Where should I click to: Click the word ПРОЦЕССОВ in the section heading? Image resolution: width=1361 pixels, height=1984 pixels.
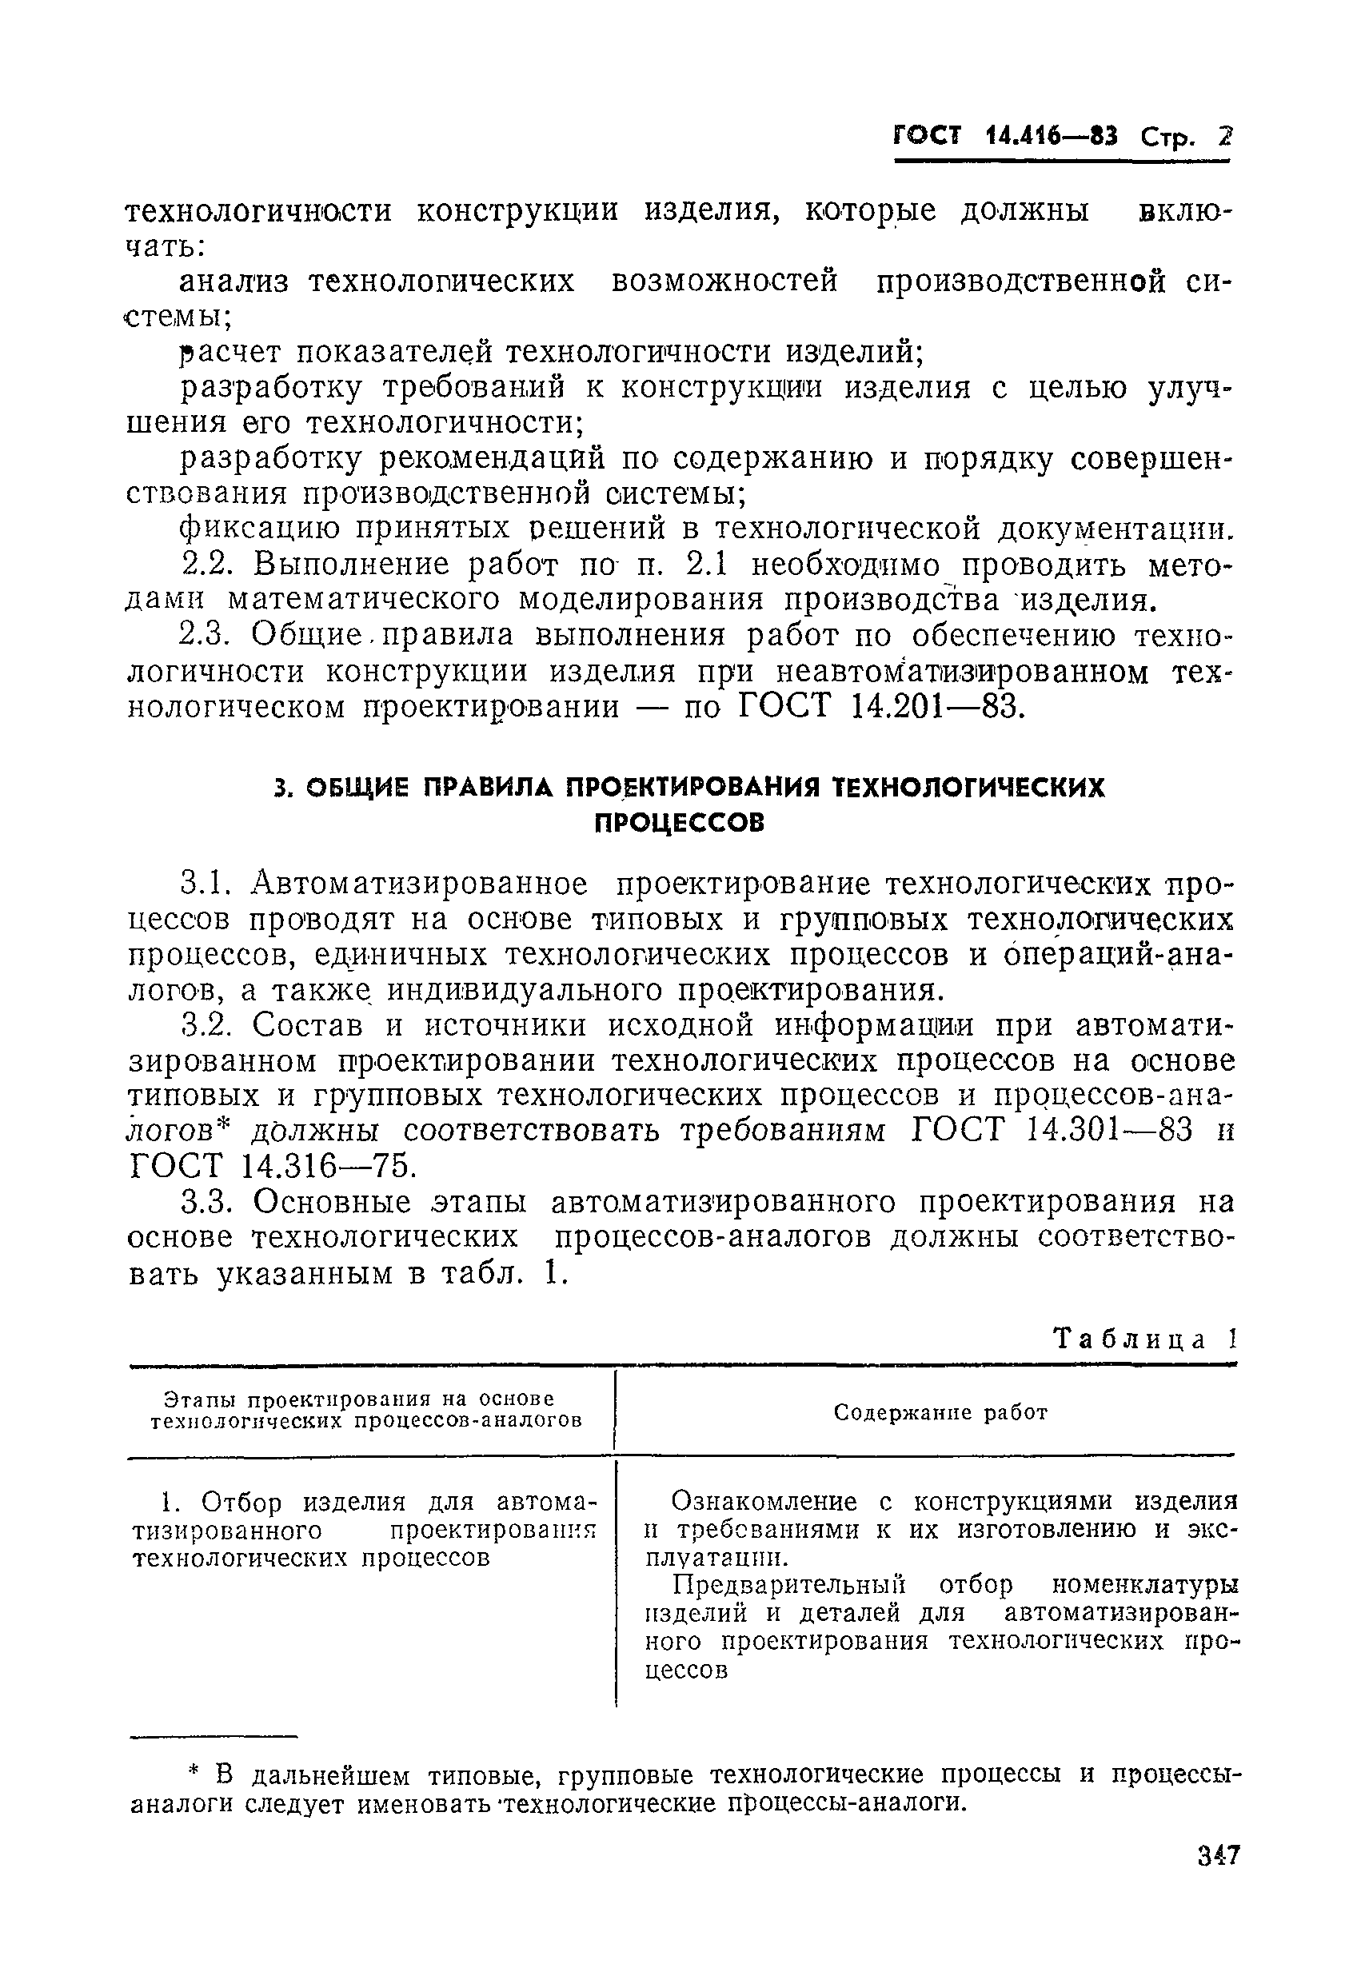coord(679,822)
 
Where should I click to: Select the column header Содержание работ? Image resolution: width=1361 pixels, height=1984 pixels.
coord(940,1412)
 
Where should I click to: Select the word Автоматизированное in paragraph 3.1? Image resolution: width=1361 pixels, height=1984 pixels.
coord(419,883)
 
